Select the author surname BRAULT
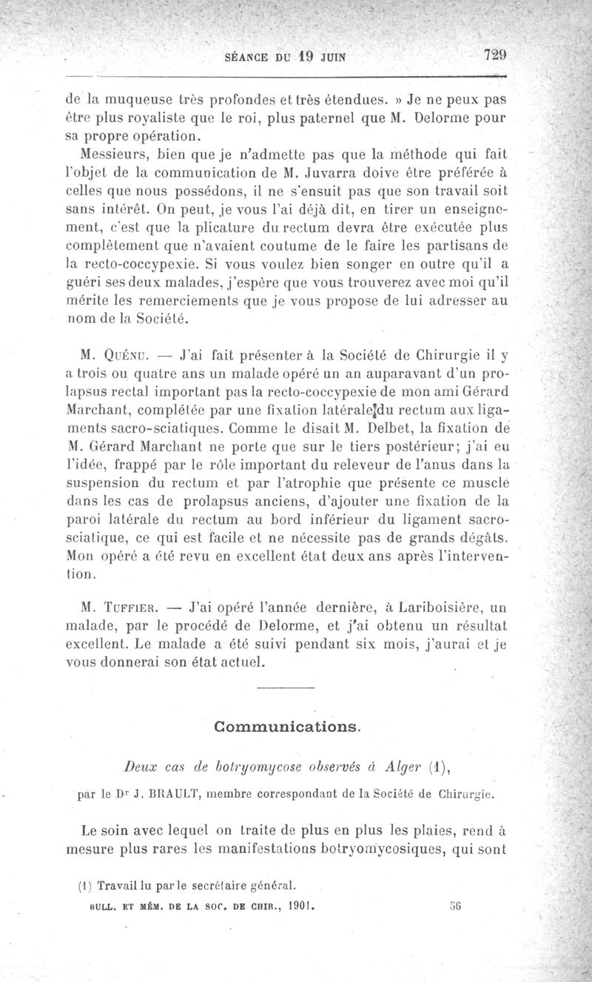[x=173, y=796]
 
